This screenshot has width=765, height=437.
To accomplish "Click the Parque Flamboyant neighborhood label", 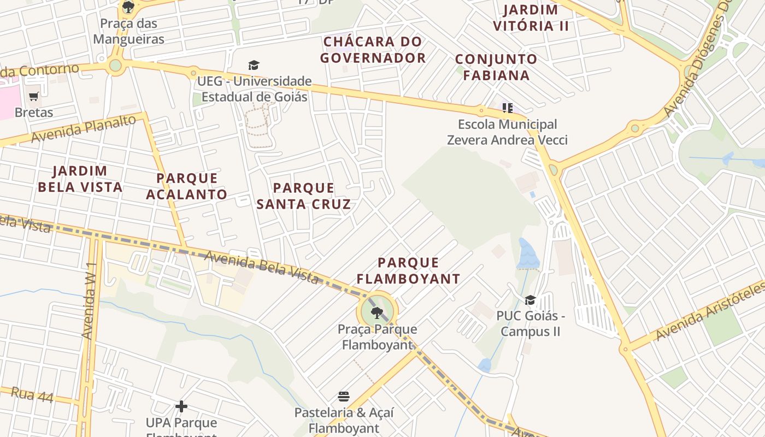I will [x=409, y=271].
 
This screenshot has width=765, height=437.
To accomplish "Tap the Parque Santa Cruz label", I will [x=303, y=196].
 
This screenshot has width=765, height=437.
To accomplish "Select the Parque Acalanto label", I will [x=187, y=186].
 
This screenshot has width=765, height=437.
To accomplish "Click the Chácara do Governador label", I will [x=373, y=50].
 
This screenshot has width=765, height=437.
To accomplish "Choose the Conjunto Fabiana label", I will [x=496, y=67].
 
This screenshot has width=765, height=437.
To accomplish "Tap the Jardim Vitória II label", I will [x=531, y=17].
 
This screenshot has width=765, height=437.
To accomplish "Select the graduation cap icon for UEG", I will [x=254, y=66].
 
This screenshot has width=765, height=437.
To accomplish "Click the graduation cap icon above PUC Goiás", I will [x=530, y=300].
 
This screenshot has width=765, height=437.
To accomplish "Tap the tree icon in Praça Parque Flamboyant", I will [x=376, y=313].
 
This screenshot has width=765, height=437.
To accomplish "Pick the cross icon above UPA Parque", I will [x=181, y=406].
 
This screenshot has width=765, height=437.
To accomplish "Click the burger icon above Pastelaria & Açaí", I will [x=344, y=396].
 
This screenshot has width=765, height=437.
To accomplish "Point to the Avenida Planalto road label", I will [x=83, y=129].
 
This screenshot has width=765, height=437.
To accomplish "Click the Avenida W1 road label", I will [x=89, y=300].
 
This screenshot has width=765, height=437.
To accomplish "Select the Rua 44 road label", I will [x=32, y=395].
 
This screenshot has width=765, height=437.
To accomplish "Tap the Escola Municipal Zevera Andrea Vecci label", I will [x=507, y=132].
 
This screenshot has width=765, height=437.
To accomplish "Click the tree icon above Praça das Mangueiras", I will [x=128, y=7].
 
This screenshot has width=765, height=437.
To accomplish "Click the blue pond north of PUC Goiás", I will [x=527, y=254].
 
